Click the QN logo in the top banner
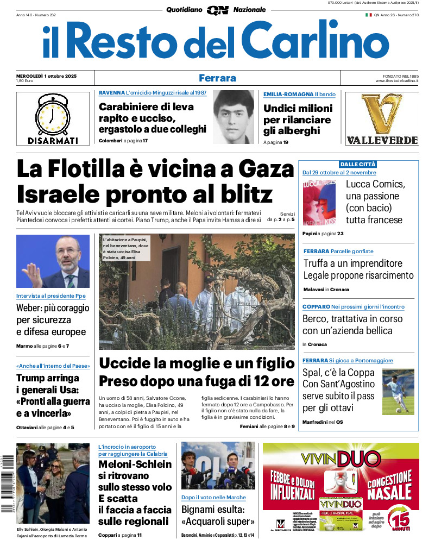217,10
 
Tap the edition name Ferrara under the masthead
217,78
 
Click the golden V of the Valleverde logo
382,114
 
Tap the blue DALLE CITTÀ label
358,164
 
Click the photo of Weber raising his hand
53,261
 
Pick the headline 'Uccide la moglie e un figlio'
197,363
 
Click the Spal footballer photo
398,391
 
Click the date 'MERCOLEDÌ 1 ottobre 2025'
46,76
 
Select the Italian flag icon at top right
368,15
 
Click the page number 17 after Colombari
145,141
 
